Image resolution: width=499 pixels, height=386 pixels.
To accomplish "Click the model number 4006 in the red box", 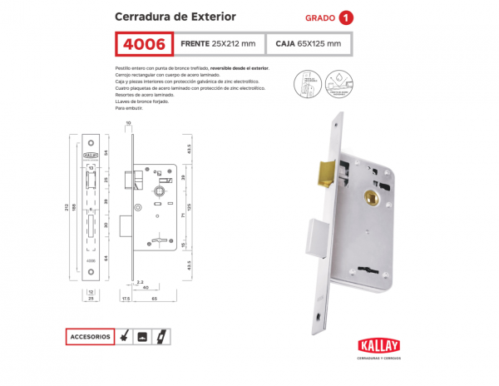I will [144, 43].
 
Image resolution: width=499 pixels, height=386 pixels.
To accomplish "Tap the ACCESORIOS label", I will [91, 337].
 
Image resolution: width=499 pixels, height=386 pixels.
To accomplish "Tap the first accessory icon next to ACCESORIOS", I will [125, 337].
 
